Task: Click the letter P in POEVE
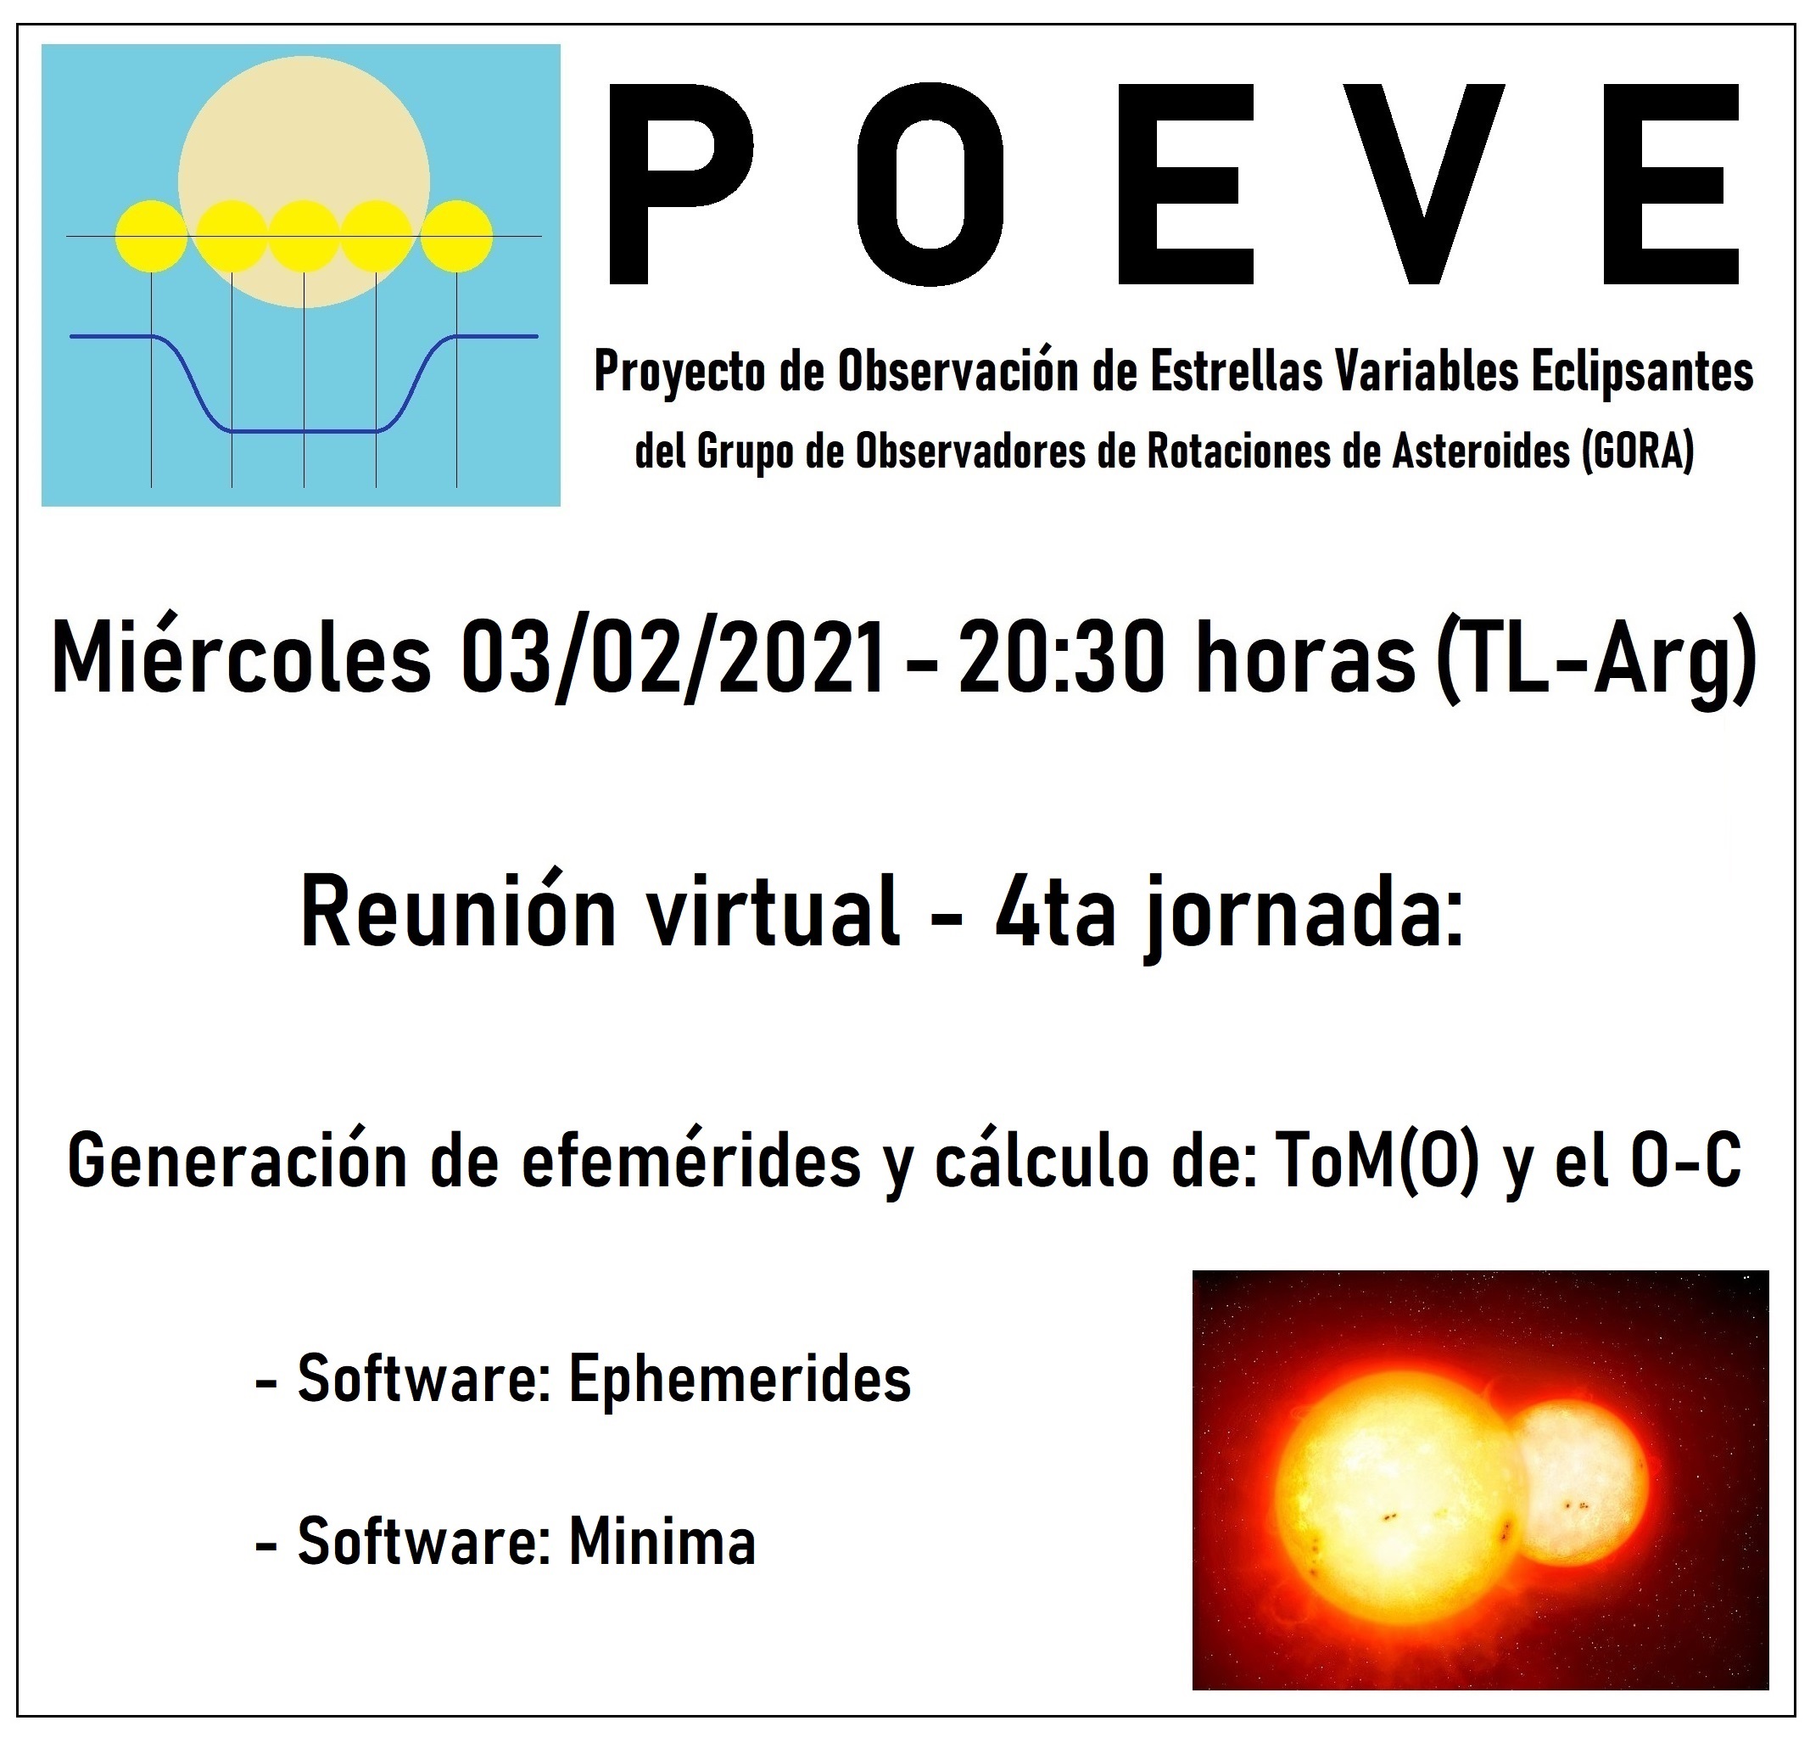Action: (679, 185)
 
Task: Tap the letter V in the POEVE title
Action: (1422, 185)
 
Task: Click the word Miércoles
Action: (242, 659)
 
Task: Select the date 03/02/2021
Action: (673, 659)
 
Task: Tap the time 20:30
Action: (1062, 659)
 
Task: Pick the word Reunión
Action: (459, 914)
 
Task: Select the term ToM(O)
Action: (1375, 1161)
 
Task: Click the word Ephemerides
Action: (740, 1379)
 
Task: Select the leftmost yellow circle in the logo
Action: (150, 237)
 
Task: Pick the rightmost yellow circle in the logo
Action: (456, 237)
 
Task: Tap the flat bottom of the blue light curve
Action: (304, 430)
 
